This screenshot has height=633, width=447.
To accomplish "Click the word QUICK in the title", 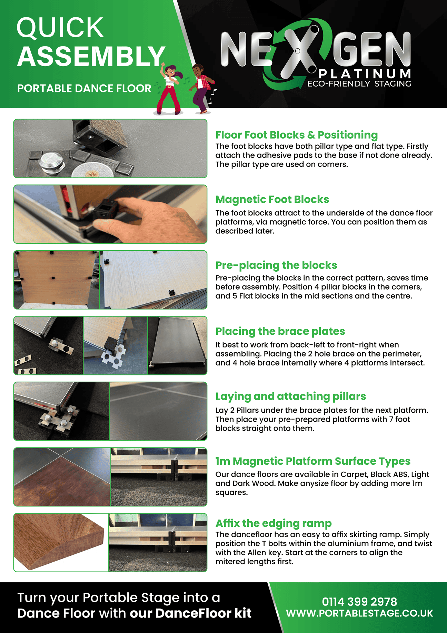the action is click(x=60, y=28).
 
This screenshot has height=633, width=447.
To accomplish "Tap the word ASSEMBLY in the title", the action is click(x=91, y=56).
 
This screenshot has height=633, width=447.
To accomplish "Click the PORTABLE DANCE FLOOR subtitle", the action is click(x=84, y=89).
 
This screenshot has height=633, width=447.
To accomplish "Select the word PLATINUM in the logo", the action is click(x=365, y=73).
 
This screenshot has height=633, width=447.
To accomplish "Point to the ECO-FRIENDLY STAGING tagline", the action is click(x=359, y=84).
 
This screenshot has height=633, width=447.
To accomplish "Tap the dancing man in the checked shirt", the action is click(x=201, y=89).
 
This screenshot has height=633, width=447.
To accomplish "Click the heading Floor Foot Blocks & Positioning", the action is click(x=297, y=135).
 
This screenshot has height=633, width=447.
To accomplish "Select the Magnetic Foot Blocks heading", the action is click(x=272, y=199).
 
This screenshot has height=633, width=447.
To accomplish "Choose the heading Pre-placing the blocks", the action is click(x=276, y=265).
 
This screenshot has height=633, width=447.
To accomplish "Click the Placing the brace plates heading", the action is click(x=280, y=331).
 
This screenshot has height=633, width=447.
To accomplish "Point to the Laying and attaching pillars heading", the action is click(x=291, y=396).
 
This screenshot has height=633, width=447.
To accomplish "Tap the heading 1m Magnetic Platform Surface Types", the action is click(x=313, y=461).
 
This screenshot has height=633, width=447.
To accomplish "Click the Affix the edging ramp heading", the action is click(x=274, y=523).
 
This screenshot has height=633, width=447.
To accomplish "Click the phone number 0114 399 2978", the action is click(x=359, y=602).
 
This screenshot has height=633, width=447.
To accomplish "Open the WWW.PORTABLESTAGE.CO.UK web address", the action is click(x=359, y=613).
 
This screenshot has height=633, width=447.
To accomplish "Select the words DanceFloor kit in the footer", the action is click(x=203, y=613).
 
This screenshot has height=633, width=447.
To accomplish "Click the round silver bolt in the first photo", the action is click(x=52, y=162).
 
